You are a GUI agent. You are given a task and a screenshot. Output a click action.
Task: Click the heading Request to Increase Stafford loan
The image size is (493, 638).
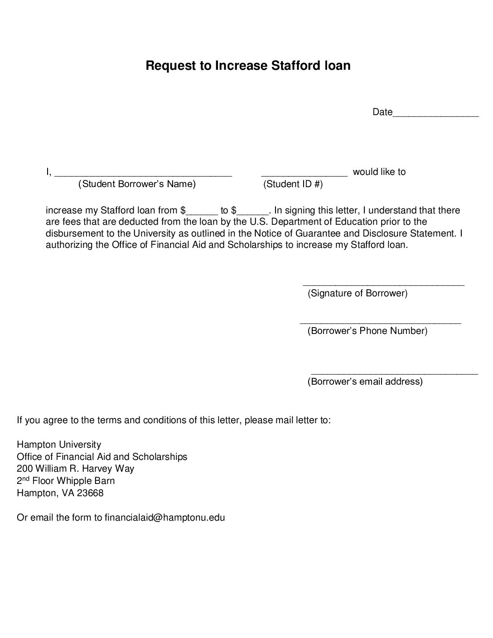[x=248, y=66]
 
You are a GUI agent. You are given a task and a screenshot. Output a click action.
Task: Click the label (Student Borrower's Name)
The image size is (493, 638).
[x=137, y=184]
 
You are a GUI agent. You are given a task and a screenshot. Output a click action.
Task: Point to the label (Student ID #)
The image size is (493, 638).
[x=293, y=184]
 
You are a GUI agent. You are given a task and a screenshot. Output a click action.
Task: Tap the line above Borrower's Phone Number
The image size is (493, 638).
[x=381, y=323]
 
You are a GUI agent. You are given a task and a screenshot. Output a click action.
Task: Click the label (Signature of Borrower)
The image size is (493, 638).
[x=358, y=293]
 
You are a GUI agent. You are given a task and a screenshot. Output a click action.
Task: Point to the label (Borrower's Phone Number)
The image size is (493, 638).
[x=367, y=331]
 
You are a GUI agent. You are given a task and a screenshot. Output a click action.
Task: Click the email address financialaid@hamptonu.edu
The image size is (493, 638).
[x=165, y=517]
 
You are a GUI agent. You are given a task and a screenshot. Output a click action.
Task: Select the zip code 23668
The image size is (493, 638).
[x=90, y=493]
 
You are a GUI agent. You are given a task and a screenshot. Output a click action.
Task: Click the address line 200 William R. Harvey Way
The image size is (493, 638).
[x=75, y=469]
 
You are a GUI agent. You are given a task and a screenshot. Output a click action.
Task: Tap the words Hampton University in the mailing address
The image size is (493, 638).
[x=59, y=445]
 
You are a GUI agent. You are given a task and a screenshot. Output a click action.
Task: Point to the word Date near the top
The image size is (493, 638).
[x=382, y=112]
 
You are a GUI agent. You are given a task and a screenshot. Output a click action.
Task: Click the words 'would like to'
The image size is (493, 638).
[x=379, y=172]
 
